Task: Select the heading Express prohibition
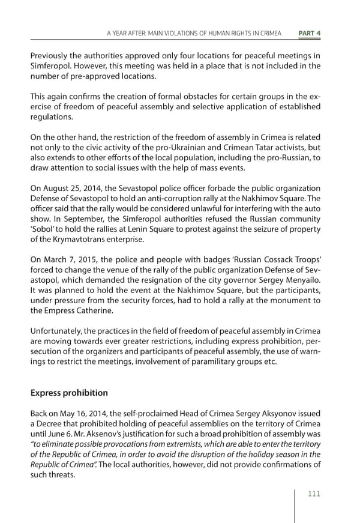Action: (x=69, y=393)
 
